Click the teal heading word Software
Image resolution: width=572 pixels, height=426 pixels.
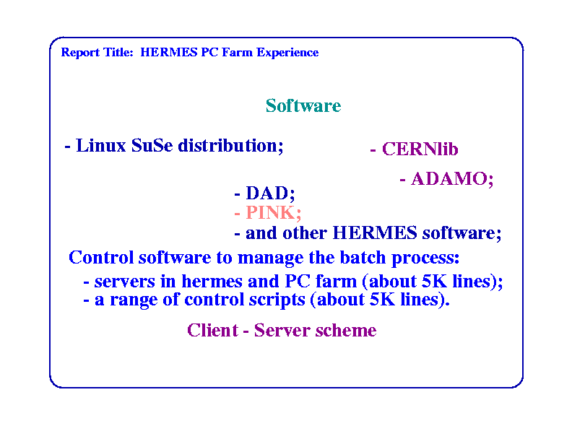pyautogui.click(x=303, y=105)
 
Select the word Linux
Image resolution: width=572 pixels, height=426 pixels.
pyautogui.click(x=101, y=146)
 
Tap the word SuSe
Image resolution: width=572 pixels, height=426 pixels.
pyautogui.click(x=152, y=146)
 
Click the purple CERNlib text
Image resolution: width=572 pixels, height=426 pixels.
pyautogui.click(x=420, y=149)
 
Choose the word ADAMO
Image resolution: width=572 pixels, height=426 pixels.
pyautogui.click(x=450, y=179)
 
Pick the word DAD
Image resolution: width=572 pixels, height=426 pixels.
pyautogui.click(x=267, y=193)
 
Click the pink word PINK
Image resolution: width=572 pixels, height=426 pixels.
pyautogui.click(x=271, y=212)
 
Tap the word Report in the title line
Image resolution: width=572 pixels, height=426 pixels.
pyautogui.click(x=80, y=53)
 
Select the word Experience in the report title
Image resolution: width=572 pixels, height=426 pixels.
pyautogui.click(x=287, y=53)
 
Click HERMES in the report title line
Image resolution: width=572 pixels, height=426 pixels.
pyautogui.click(x=169, y=52)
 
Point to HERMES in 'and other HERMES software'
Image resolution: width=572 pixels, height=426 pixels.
pyautogui.click(x=375, y=232)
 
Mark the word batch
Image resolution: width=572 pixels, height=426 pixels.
pyautogui.click(x=363, y=258)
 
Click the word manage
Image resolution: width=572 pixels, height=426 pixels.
pyautogui.click(x=270, y=258)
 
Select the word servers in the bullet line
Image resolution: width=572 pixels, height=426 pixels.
pyautogui.click(x=125, y=282)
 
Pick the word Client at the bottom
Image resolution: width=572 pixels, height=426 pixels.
pyautogui.click(x=212, y=331)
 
